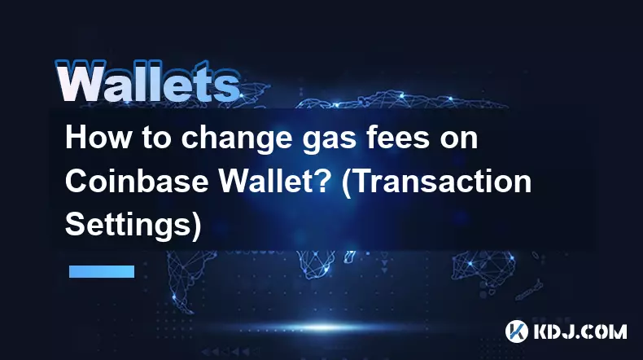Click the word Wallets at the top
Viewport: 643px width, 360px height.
[x=148, y=81]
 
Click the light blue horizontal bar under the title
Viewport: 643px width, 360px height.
[x=102, y=271]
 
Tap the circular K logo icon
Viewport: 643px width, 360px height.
[x=516, y=331]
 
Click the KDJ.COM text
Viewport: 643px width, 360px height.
[x=580, y=331]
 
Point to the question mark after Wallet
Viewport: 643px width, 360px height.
[x=322, y=181]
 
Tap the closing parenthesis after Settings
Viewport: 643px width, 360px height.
[x=196, y=226]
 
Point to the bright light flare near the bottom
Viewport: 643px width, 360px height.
[x=323, y=327]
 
